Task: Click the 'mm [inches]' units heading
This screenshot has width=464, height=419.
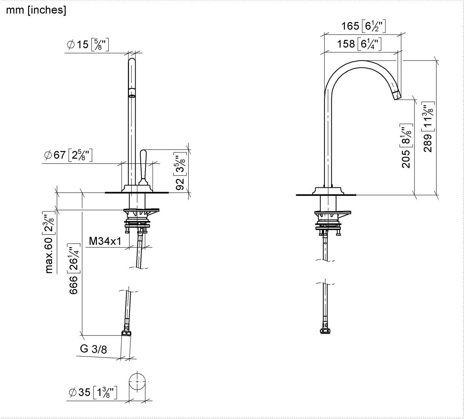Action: tap(36, 10)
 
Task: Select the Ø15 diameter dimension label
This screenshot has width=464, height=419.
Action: tap(88, 45)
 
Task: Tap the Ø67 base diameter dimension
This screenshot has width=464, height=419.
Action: tap(67, 156)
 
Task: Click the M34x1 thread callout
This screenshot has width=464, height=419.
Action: tap(105, 241)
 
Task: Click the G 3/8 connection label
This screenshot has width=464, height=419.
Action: tap(93, 349)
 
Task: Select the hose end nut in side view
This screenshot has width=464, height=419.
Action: tap(324, 331)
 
